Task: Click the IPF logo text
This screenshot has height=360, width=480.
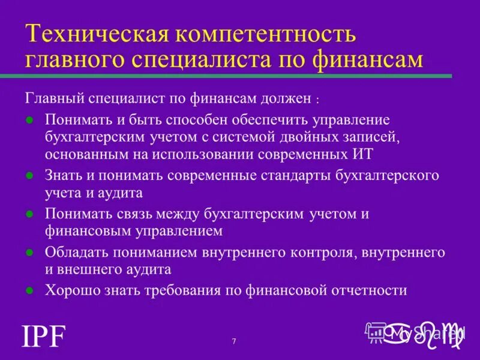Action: point(43,337)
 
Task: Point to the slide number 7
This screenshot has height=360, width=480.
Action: point(234,341)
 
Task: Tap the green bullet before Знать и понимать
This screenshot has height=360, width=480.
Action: point(29,176)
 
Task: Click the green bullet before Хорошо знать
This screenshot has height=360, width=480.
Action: point(29,290)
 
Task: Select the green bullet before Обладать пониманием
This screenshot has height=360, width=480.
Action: point(29,252)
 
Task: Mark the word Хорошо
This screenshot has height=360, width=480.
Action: point(68,290)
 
